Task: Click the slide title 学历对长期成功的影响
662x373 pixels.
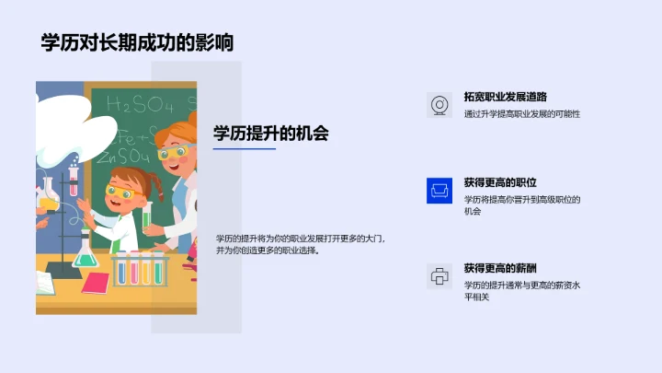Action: pyautogui.click(x=137, y=42)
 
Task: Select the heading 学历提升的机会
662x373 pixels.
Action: pyautogui.click(x=270, y=133)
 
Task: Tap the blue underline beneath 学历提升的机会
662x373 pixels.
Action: pyautogui.click(x=245, y=149)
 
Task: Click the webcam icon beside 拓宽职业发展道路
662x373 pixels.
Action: pyautogui.click(x=440, y=105)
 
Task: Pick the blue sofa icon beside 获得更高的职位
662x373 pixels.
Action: pyautogui.click(x=440, y=190)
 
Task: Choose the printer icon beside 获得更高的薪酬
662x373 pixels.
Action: pyautogui.click(x=440, y=275)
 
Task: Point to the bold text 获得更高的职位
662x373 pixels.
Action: pyautogui.click(x=500, y=181)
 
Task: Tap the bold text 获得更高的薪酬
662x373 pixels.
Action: pyautogui.click(x=500, y=267)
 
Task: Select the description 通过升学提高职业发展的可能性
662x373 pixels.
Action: pyautogui.click(x=522, y=114)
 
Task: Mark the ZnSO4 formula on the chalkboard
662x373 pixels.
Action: pyautogui.click(x=129, y=154)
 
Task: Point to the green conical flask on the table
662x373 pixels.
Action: pyautogui.click(x=86, y=252)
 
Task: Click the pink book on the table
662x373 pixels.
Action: pyautogui.click(x=95, y=283)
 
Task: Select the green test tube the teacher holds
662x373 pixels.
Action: pyautogui.click(x=146, y=216)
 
